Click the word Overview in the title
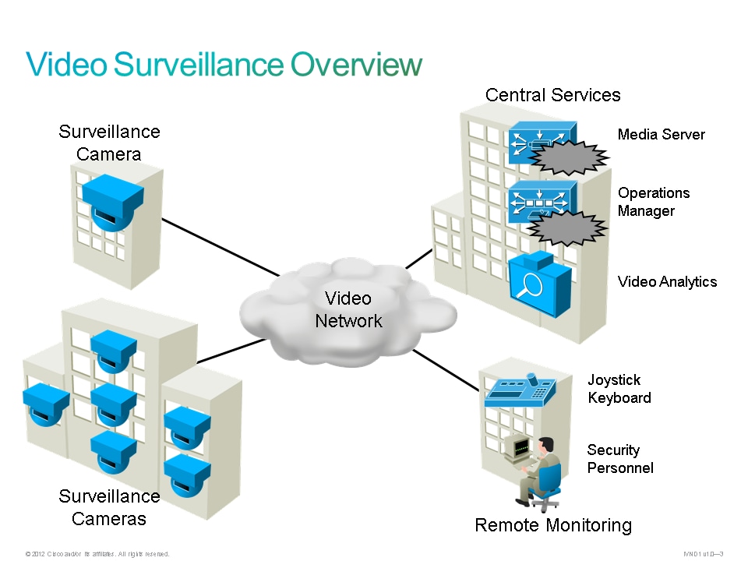tap(356, 65)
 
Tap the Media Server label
tap(661, 135)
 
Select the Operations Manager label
tap(653, 202)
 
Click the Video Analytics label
tap(666, 281)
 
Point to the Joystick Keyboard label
tap(619, 389)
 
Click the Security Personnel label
tap(619, 459)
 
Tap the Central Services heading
tap(552, 95)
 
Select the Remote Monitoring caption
tap(552, 525)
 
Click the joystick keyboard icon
tap(520, 390)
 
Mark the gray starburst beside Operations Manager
tap(567, 228)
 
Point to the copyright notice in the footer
tap(97, 554)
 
